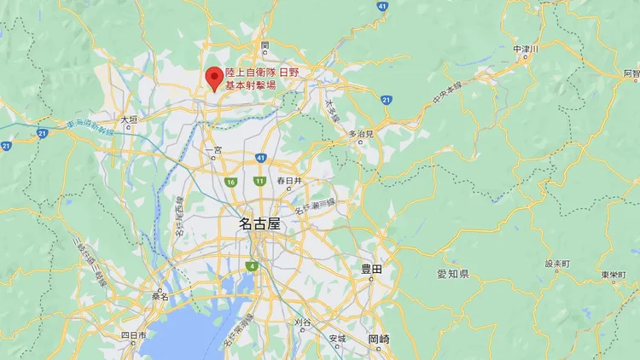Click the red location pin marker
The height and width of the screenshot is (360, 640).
[213, 78]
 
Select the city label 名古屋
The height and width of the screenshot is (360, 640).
[259, 224]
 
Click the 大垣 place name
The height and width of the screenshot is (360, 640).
[129, 120]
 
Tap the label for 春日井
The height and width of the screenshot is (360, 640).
[290, 181]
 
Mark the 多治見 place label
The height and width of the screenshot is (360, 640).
[361, 134]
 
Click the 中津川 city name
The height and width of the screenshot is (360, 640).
[526, 50]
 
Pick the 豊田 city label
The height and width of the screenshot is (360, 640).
[370, 269]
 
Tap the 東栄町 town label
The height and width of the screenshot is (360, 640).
[614, 275]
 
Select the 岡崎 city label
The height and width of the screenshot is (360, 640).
[379, 339]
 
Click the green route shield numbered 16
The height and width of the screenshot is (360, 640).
[230, 182]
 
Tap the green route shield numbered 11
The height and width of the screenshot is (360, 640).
[259, 181]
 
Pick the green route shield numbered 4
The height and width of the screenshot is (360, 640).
[253, 267]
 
